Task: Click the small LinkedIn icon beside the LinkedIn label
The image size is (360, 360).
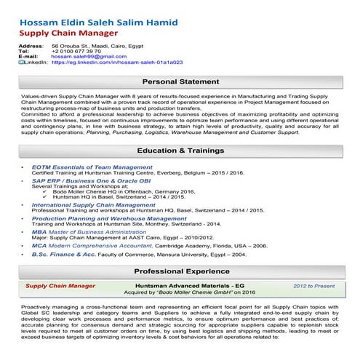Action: pos(20,63)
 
